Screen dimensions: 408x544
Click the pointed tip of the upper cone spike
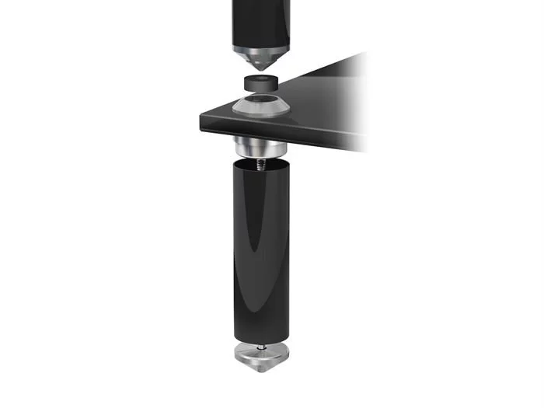[x=262, y=70]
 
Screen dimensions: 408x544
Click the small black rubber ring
[x=261, y=82]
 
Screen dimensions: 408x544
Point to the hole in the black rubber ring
[x=261, y=79]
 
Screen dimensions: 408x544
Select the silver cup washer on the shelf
[x=261, y=106]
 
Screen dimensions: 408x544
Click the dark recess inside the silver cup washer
[x=261, y=101]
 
